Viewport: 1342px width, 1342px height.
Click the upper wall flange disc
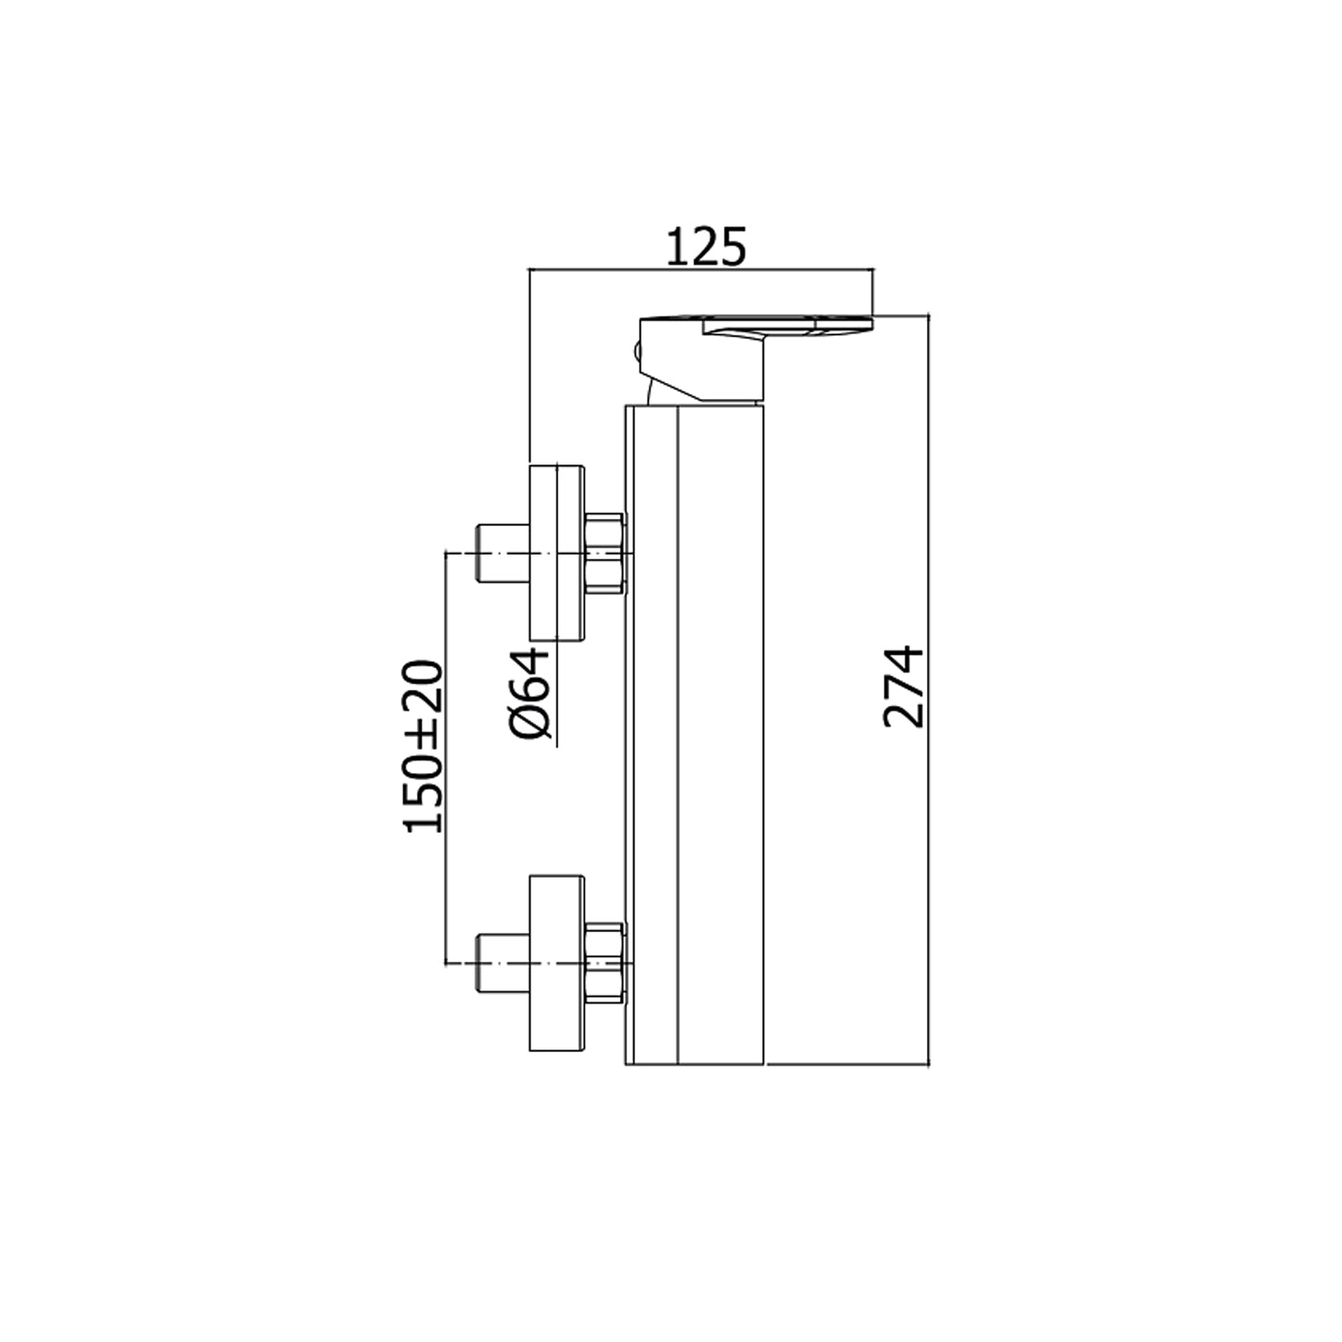pyautogui.click(x=556, y=553)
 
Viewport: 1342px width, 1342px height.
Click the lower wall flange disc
pyautogui.click(x=556, y=963)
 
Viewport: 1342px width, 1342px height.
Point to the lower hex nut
pyautogui.click(x=604, y=963)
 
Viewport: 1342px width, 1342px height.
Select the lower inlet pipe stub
pyautogui.click(x=503, y=963)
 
